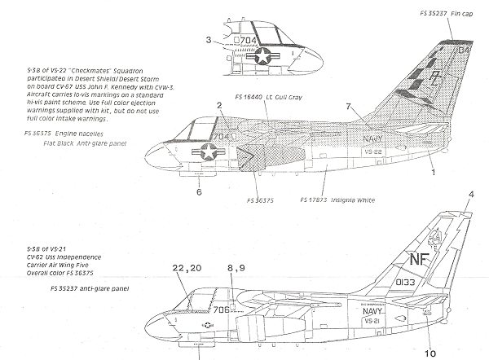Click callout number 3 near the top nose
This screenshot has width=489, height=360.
[209, 41]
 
